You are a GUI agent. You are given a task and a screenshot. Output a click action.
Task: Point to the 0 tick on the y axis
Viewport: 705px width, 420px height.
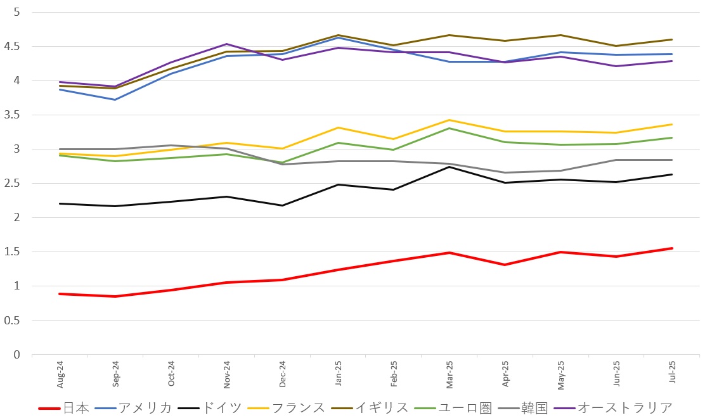click(17, 355)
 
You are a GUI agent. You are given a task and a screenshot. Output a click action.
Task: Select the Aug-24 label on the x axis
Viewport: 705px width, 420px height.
click(60, 374)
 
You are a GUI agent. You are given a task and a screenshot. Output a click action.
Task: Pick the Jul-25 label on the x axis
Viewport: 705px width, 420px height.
click(671, 374)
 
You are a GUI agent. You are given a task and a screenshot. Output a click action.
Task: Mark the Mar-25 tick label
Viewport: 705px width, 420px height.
click(449, 374)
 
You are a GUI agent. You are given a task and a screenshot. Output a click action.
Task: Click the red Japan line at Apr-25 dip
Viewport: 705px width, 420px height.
click(505, 265)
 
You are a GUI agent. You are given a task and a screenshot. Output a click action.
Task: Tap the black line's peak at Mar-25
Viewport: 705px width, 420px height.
click(449, 167)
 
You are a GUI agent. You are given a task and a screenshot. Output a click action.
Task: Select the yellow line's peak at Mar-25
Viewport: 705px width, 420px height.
click(449, 120)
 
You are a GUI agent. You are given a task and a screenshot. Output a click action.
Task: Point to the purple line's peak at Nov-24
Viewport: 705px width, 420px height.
click(227, 44)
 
